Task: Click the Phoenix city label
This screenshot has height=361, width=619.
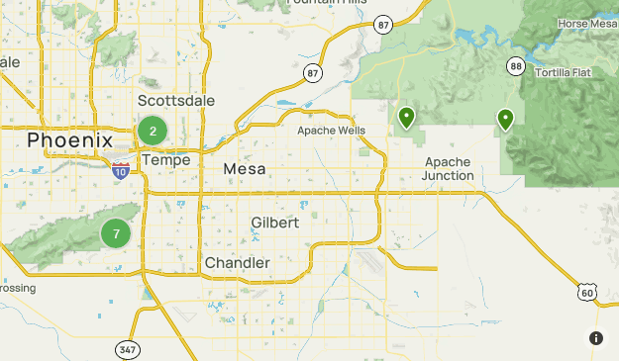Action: pyautogui.click(x=70, y=140)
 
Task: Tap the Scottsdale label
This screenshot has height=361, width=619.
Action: pyautogui.click(x=175, y=101)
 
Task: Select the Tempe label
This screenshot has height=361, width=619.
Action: pyautogui.click(x=165, y=159)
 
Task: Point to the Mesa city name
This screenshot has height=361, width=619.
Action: pyautogui.click(x=245, y=169)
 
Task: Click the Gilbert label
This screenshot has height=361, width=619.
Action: pyautogui.click(x=274, y=223)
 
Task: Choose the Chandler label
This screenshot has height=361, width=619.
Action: pyautogui.click(x=237, y=262)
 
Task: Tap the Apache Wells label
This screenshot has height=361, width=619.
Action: pyautogui.click(x=332, y=131)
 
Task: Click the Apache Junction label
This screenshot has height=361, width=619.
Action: pyautogui.click(x=449, y=168)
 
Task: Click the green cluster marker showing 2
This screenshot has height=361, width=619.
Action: pyautogui.click(x=152, y=130)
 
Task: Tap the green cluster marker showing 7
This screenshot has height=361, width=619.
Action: pyautogui.click(x=116, y=234)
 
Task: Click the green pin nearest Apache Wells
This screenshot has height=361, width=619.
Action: pyautogui.click(x=406, y=118)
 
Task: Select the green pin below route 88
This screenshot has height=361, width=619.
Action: pyautogui.click(x=505, y=120)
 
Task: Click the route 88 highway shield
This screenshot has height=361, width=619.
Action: pyautogui.click(x=515, y=66)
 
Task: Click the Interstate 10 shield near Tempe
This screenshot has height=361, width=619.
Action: pyautogui.click(x=120, y=170)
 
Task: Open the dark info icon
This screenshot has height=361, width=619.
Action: pyautogui.click(x=596, y=338)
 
